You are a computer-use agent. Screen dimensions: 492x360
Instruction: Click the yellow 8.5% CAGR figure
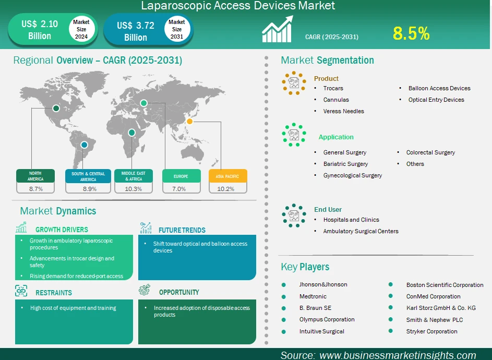pyautogui.click(x=411, y=33)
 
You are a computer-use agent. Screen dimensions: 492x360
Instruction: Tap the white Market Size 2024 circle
pyautogui.click(x=81, y=29)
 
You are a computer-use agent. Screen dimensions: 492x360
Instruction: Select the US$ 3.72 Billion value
pyautogui.click(x=136, y=31)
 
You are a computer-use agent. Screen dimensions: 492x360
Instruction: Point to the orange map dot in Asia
pyautogui.click(x=189, y=121)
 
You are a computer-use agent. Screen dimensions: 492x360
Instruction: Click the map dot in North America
pyautogui.click(x=56, y=109)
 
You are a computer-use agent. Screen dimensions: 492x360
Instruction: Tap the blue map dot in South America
pyautogui.click(x=84, y=145)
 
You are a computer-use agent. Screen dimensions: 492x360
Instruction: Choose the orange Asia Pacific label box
pyautogui.click(x=228, y=176)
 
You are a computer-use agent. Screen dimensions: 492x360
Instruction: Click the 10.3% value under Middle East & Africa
pyautogui.click(x=134, y=189)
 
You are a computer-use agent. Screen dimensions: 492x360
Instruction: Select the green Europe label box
pyautogui.click(x=181, y=176)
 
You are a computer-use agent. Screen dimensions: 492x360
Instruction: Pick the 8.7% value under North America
pyautogui.click(x=36, y=189)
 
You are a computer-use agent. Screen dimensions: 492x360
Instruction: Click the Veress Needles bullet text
pyautogui.click(x=344, y=111)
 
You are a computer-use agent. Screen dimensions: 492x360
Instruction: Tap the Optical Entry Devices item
pyautogui.click(x=436, y=100)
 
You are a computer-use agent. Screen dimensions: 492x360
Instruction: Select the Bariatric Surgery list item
pyautogui.click(x=345, y=164)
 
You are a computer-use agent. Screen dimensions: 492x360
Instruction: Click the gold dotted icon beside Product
pyautogui.click(x=294, y=83)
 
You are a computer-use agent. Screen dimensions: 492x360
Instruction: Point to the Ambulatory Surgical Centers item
pyautogui.click(x=361, y=231)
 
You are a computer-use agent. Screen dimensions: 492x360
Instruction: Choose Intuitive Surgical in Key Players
pyautogui.click(x=321, y=331)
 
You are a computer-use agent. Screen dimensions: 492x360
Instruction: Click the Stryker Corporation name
pyautogui.click(x=432, y=331)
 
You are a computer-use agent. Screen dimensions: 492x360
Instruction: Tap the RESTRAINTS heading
pyautogui.click(x=54, y=293)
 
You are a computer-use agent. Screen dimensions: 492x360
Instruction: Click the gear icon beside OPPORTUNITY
pyautogui.click(x=145, y=290)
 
